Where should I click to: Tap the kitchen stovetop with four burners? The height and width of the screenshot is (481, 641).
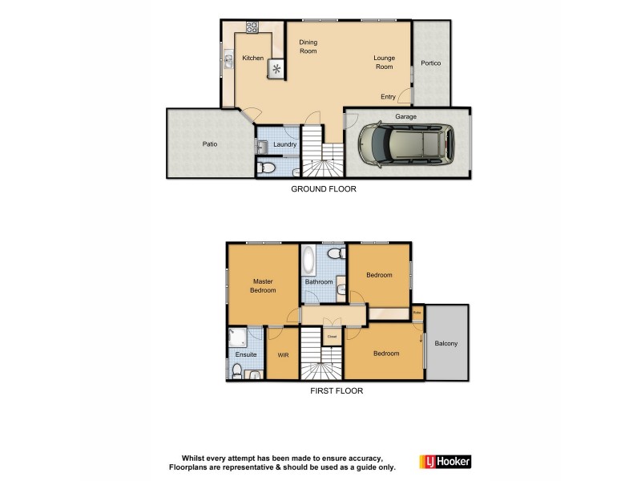click(252, 26)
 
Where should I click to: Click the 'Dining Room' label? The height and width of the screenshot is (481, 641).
click(308, 46)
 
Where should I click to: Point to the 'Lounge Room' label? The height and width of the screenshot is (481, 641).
click(385, 63)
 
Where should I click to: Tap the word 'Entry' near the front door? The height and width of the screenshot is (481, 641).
click(388, 97)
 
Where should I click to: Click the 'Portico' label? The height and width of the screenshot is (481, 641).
click(431, 63)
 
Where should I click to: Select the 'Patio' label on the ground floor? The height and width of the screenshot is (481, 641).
click(209, 144)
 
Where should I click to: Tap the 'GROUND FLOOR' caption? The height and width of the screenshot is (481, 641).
click(323, 190)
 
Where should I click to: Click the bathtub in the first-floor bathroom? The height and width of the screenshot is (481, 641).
click(308, 261)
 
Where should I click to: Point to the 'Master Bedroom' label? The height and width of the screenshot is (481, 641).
click(263, 285)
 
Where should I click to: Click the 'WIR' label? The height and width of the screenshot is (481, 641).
click(283, 355)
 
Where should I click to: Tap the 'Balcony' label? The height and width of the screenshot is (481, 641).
click(446, 343)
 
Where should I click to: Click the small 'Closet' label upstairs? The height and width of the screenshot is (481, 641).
click(332, 337)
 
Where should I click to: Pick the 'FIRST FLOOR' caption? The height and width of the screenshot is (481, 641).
click(337, 392)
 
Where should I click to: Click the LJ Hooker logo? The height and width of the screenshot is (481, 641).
click(445, 462)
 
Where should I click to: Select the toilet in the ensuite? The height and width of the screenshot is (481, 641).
click(237, 370)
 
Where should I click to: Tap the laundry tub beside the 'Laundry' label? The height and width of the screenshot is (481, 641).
click(261, 146)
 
